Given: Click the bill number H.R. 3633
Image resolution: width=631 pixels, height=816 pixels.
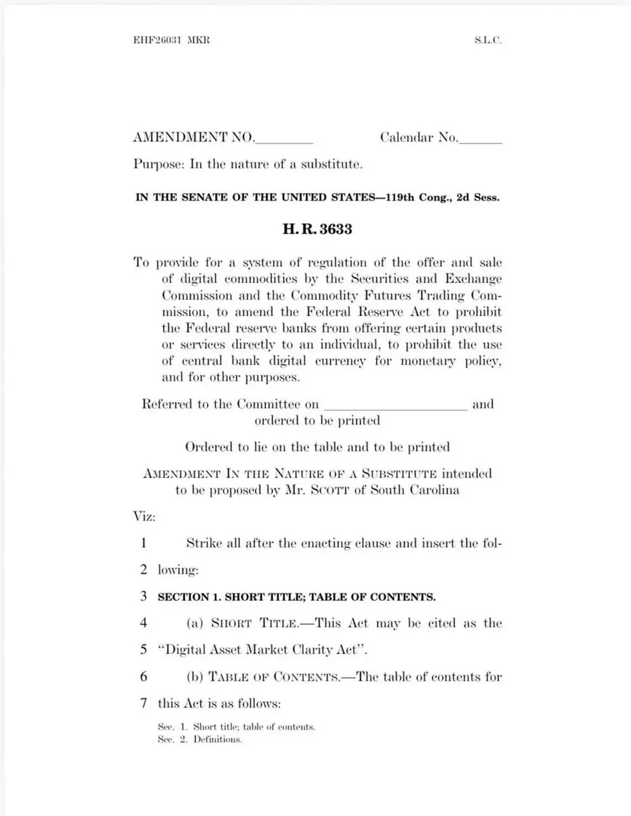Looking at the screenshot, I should coord(317,229).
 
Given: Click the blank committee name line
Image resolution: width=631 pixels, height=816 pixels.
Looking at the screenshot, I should coord(395,406).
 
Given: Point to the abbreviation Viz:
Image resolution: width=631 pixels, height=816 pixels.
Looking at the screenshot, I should coord(144,516).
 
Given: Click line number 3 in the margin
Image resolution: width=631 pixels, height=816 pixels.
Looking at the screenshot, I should coord(144,596).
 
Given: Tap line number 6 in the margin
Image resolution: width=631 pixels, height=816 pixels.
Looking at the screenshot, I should coord(144,677).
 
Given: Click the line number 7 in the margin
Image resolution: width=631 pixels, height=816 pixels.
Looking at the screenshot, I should coord(144,702).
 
